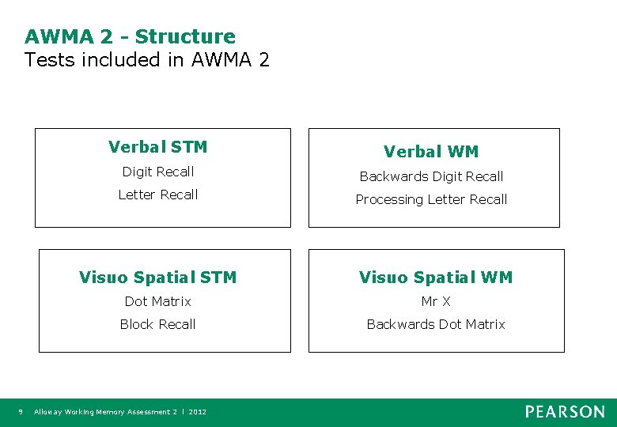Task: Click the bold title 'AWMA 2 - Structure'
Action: pyautogui.click(x=130, y=36)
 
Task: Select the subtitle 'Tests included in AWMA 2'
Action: pyautogui.click(x=147, y=59)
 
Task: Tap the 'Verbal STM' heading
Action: pyautogui.click(x=157, y=147)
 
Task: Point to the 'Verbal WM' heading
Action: pyautogui.click(x=431, y=152)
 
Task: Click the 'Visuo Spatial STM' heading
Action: pyautogui.click(x=157, y=278)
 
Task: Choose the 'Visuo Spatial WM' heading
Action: pyautogui.click(x=436, y=278)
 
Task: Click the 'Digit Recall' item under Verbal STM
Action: pyautogui.click(x=157, y=172)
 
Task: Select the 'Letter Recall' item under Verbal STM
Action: pyautogui.click(x=157, y=195)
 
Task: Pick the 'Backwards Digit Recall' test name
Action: pyautogui.click(x=431, y=176)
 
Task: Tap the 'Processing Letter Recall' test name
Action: pyautogui.click(x=431, y=199)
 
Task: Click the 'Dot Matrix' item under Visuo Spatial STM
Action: pyautogui.click(x=157, y=301)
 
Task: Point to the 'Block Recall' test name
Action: pyautogui.click(x=157, y=324)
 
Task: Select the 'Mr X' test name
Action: pyautogui.click(x=436, y=301)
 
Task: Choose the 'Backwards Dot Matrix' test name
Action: pyautogui.click(x=436, y=324)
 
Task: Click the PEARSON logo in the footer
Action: pyautogui.click(x=565, y=411)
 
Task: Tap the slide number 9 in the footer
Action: pyautogui.click(x=21, y=412)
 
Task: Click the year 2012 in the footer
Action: pyautogui.click(x=198, y=412)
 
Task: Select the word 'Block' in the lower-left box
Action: pyautogui.click(x=136, y=324)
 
